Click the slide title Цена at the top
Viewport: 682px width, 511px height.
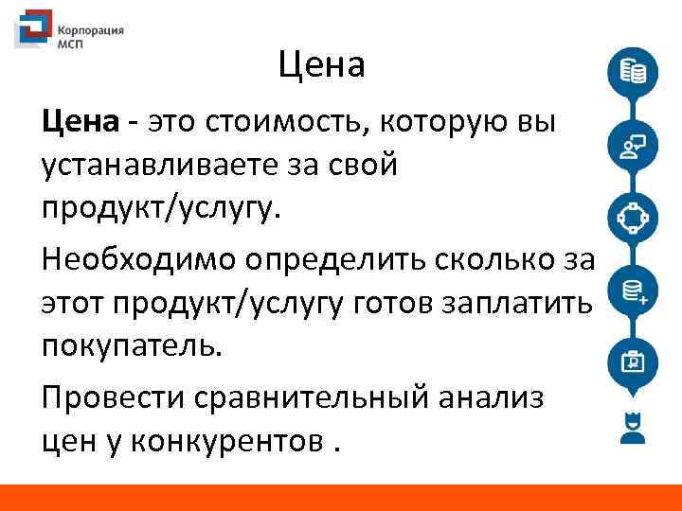click(x=321, y=66)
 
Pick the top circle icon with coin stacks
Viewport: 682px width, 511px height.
click(x=632, y=73)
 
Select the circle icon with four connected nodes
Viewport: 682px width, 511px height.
click(x=632, y=217)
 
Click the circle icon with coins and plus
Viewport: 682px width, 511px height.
click(x=632, y=290)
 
